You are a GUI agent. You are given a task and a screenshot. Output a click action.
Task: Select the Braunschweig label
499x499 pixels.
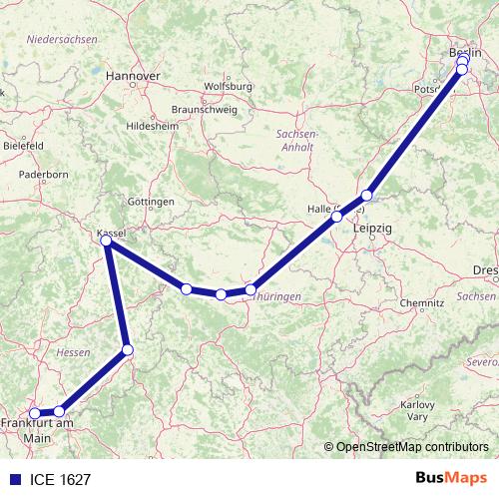(202, 108)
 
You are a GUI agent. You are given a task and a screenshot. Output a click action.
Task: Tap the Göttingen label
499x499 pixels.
(151, 201)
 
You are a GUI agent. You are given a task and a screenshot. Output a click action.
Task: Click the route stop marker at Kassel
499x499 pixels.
(107, 240)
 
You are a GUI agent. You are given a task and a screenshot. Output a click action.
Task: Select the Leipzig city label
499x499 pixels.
(373, 230)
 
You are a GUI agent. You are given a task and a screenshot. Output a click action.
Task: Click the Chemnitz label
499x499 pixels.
(421, 302)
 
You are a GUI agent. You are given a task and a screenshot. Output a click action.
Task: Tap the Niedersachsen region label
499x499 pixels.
(63, 39)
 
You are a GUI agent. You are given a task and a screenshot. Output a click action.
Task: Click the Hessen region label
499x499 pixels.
(74, 352)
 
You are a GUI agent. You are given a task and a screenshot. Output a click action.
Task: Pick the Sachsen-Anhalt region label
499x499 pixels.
(296, 139)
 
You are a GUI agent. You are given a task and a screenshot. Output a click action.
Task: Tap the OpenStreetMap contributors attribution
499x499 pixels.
(411, 447)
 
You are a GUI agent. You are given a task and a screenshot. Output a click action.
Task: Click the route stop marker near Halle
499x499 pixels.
(337, 216)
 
